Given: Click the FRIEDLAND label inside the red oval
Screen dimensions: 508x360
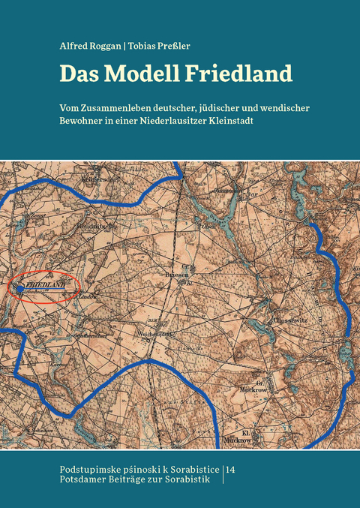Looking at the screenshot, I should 46,287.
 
